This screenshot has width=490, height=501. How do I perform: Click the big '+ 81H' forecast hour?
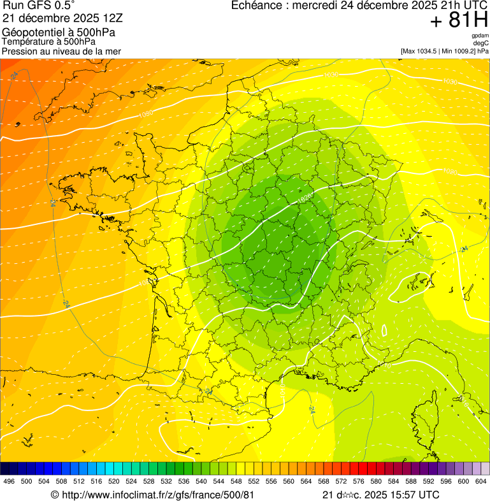pos(459,20)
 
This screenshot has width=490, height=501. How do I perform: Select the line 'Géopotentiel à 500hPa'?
pos(59,32)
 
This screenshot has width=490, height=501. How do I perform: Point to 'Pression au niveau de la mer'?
pos(62,51)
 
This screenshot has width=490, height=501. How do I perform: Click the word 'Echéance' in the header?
pos(256,6)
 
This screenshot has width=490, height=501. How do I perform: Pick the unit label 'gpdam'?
pos(480,36)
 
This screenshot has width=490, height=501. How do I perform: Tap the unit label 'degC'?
pos(480,43)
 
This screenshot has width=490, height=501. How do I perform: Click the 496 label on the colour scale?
pos(9,482)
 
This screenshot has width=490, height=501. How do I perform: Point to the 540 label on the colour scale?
pos(201,482)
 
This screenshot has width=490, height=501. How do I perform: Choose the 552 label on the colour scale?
pos(254,482)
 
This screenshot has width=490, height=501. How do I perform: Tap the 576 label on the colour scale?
pos(359,482)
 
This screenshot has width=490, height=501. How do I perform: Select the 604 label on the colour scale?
pos(481,482)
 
